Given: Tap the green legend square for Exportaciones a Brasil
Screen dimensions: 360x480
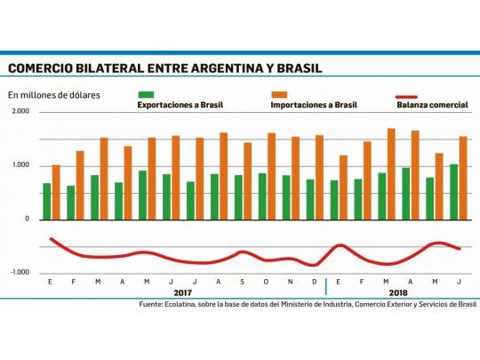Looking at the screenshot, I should point(146,93).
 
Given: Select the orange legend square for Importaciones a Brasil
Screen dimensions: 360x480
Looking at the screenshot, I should point(279,93).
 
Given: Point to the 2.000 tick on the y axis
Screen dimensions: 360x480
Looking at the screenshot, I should point(20,112).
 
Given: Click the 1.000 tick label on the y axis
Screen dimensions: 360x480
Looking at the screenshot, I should point(20,165).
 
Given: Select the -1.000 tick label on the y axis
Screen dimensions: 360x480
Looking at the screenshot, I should point(20,272).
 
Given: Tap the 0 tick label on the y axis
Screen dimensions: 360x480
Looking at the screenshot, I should point(27,219).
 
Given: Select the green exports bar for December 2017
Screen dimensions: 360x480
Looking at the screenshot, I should point(310,199).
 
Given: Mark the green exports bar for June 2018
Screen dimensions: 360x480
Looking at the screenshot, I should point(454,191).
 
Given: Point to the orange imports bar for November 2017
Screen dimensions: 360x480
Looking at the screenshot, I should point(296,178).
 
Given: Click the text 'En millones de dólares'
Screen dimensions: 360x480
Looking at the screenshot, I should point(53,94).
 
